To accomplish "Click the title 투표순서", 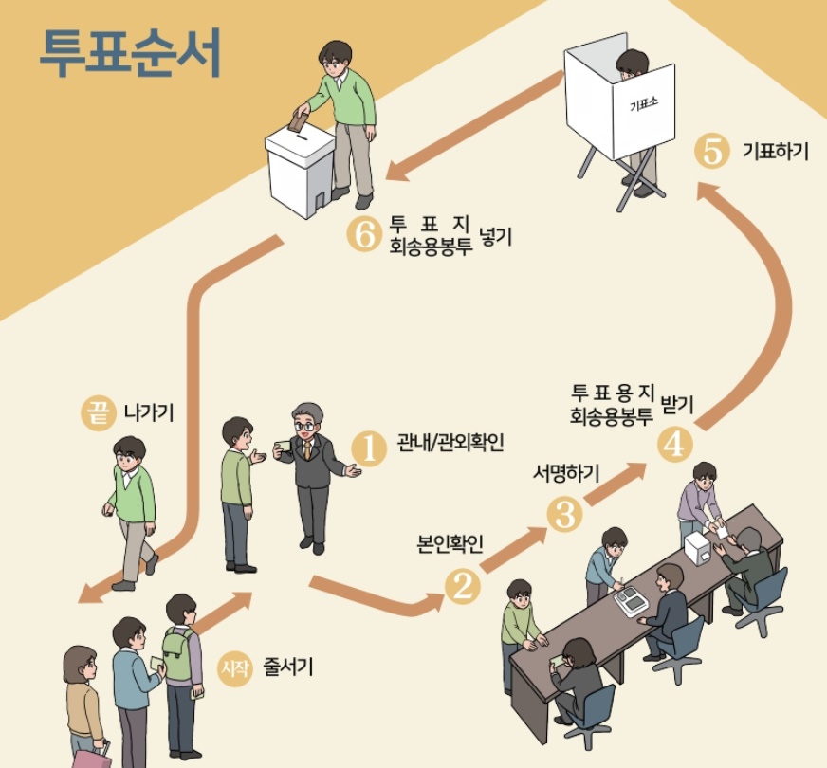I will tap(131, 54).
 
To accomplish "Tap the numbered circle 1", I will tap(369, 449).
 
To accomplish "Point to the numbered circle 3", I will tap(565, 513).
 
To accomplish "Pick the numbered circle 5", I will tap(711, 152).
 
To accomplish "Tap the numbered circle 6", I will tap(363, 232).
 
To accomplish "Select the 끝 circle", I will tap(98, 414).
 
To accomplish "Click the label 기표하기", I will tap(775, 152).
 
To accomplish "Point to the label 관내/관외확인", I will tap(450, 443).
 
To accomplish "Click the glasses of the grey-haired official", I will tap(304, 427).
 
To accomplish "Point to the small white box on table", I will tap(699, 548).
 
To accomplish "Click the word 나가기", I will tap(149, 413).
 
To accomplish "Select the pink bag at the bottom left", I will tap(90, 758).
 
